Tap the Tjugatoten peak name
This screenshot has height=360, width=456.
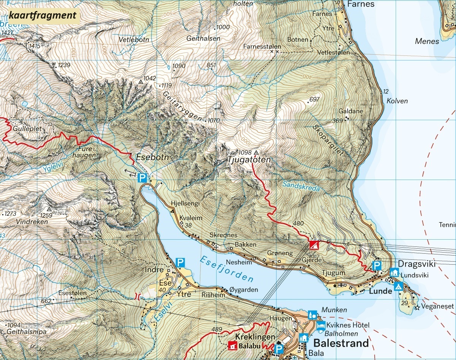(250, 160)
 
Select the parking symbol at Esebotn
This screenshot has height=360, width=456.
(142, 177)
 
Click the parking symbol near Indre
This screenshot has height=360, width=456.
(180, 262)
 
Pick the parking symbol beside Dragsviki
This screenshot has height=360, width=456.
(377, 265)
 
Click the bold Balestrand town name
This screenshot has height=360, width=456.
(341, 343)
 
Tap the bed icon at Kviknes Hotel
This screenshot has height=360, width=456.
(321, 325)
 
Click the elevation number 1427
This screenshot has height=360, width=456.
(7, 33)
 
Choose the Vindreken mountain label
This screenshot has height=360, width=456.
(32, 222)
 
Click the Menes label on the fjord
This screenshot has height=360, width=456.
(427, 41)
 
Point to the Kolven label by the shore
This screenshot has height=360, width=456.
(397, 101)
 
